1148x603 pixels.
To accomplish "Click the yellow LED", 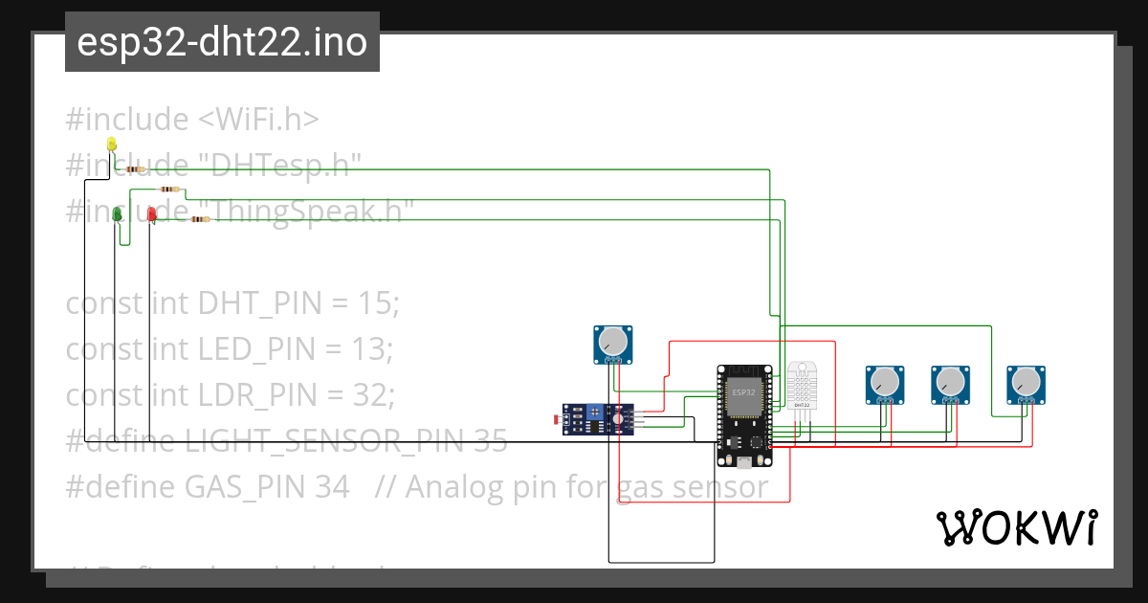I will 111,145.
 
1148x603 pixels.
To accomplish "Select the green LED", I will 118,213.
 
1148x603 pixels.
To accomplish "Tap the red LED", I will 151,215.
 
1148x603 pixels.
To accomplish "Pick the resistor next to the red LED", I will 198,219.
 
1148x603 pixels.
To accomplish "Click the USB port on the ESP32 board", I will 744,463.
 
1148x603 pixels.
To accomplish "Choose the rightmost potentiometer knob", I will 1026,383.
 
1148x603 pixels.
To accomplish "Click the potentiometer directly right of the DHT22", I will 884,383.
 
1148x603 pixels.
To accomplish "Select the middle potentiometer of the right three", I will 950,383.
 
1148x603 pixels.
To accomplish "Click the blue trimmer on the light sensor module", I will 596,412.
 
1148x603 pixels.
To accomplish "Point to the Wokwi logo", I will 1016,527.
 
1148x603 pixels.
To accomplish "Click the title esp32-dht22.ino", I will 222,42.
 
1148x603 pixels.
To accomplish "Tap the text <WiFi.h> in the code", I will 258,120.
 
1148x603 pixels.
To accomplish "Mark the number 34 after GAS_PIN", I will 331,487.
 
